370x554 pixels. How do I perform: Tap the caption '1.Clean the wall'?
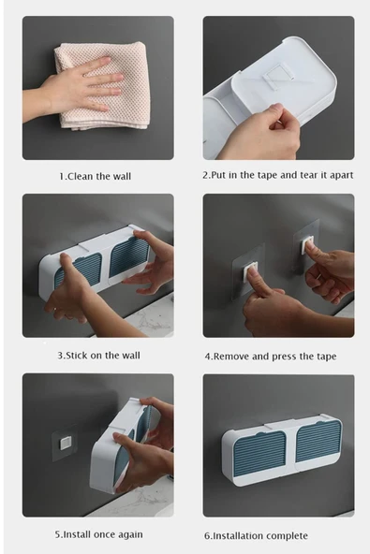tap(96, 176)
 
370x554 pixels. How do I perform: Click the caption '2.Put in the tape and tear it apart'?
tap(277, 175)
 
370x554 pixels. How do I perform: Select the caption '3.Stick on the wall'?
tap(98, 355)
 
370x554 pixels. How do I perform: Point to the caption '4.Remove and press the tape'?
tap(271, 357)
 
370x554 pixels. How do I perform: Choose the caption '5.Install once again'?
tap(98, 534)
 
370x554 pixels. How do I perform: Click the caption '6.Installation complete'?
tap(256, 535)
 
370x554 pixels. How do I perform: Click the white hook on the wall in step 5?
tap(66, 443)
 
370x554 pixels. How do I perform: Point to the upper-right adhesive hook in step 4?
tap(306, 245)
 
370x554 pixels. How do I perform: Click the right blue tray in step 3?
tap(129, 256)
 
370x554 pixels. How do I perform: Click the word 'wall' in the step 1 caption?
tap(122, 176)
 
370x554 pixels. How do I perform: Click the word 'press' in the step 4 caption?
tap(285, 357)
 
